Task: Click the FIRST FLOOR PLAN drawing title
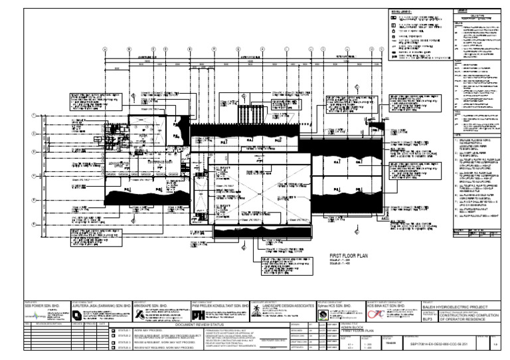coord(349,255)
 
